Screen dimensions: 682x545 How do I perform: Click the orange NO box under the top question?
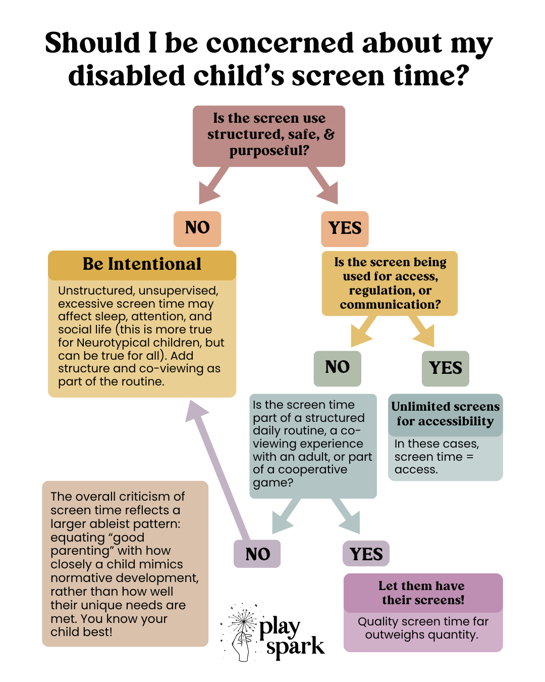click(197, 228)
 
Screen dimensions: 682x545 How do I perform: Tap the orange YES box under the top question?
click(345, 228)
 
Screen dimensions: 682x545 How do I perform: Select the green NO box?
click(337, 368)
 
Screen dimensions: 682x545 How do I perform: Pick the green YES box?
click(446, 368)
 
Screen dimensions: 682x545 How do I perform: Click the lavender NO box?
click(257, 554)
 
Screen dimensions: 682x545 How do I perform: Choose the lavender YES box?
click(366, 554)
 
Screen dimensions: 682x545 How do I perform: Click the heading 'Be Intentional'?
click(142, 264)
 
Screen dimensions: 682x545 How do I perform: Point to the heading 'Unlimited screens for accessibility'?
click(445, 414)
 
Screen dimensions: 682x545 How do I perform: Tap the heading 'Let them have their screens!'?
click(422, 593)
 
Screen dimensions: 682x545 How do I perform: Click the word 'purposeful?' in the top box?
click(269, 151)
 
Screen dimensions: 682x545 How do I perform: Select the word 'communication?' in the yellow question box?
click(390, 305)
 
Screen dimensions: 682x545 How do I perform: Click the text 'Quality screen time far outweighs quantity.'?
click(423, 628)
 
